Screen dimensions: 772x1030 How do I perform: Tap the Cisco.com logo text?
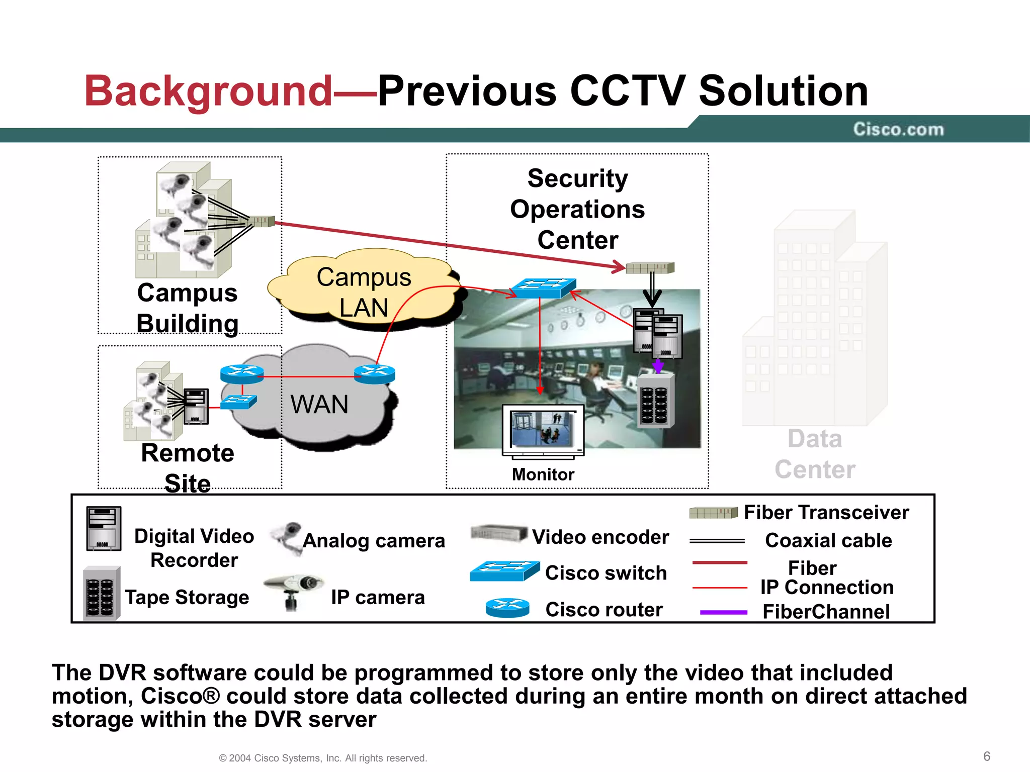point(898,130)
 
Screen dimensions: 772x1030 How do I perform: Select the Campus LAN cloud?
point(364,292)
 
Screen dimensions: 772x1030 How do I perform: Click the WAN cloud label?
point(319,404)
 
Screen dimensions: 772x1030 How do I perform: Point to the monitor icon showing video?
point(543,430)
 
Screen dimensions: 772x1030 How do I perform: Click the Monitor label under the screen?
point(543,474)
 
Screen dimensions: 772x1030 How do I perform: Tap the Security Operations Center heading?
point(577,209)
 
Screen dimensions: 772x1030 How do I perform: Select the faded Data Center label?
point(815,454)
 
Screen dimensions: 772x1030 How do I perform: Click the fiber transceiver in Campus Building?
point(262,221)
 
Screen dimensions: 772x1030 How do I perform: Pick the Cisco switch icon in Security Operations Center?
point(543,288)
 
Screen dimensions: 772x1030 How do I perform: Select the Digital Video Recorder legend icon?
point(104,529)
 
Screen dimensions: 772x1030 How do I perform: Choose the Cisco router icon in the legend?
point(507,608)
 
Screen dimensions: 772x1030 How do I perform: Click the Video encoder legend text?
point(600,537)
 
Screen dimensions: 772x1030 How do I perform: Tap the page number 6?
point(986,756)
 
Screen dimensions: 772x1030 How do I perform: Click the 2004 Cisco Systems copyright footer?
point(323,758)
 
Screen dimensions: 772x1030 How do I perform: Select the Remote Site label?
point(188,467)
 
